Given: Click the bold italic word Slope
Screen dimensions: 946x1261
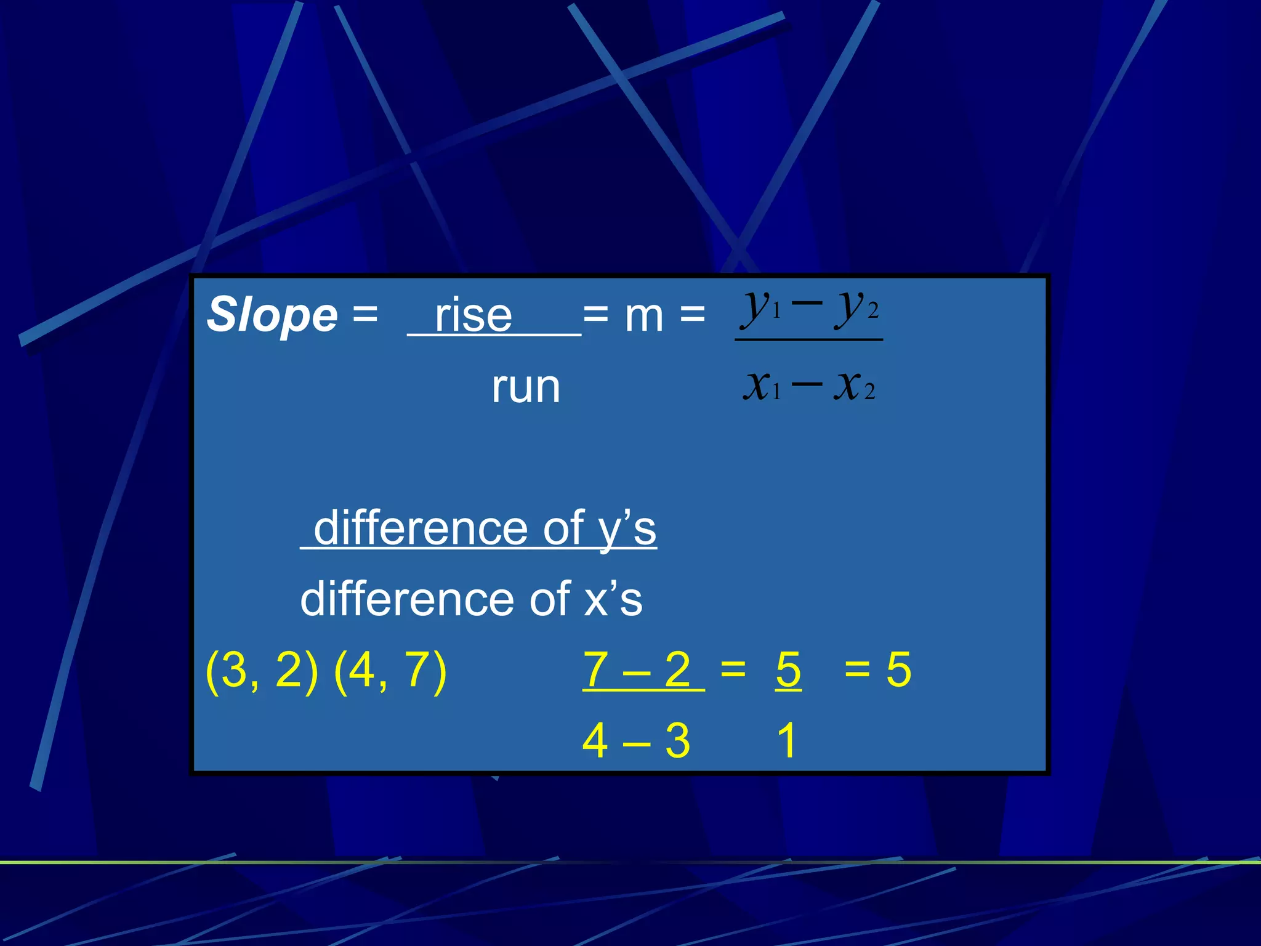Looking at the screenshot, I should pos(272,315).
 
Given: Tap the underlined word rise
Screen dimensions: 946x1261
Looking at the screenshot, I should pos(473,315).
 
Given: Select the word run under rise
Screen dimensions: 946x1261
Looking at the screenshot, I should pos(526,387).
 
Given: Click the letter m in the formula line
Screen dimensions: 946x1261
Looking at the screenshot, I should pos(644,315).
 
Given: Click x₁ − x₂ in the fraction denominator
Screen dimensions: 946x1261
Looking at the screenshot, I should pos(809,386).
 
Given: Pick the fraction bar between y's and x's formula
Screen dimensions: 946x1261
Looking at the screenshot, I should pos(809,339).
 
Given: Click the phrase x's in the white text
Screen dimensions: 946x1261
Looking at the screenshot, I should pos(613,599).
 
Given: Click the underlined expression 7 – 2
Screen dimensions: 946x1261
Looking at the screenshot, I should pos(637,669).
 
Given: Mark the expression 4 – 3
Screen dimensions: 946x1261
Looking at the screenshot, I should pos(636,740).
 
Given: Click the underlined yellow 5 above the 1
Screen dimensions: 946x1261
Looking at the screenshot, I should pos(788,669).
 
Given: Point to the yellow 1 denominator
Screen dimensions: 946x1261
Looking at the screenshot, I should pos(787,740).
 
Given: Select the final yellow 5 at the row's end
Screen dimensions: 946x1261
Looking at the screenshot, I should pos(898,669).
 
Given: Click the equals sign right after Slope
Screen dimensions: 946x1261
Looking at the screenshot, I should pos(365,315).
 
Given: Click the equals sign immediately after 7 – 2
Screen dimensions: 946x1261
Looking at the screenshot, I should pos(733,669).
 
